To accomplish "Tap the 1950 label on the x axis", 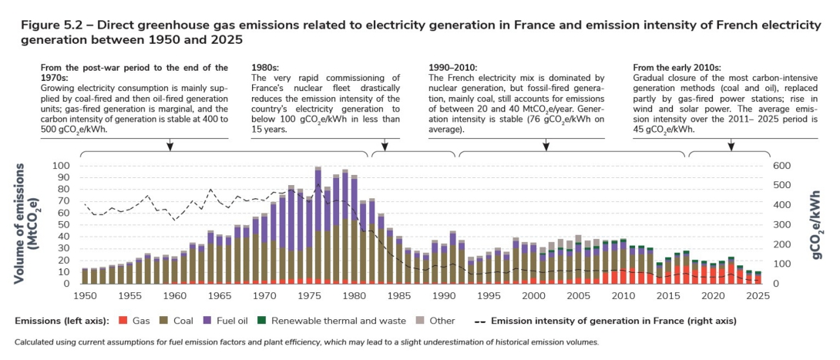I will tap(86, 295).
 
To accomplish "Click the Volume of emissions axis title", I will tap(27, 224).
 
